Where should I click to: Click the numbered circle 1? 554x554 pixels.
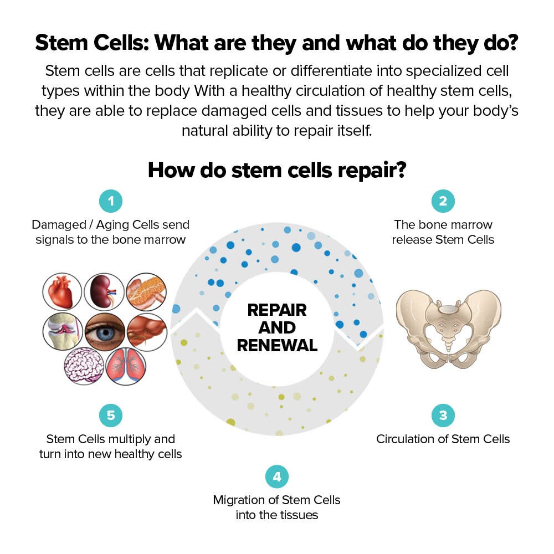tap(111, 201)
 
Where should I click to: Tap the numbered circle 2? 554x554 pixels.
tap(443, 201)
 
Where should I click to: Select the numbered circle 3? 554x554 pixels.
tap(443, 416)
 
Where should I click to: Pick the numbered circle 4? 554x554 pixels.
tap(277, 476)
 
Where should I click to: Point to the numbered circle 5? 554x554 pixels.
tap(111, 416)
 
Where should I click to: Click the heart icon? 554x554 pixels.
tap(62, 292)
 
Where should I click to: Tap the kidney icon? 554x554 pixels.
tap(104, 292)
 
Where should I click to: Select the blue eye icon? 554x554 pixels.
tap(105, 332)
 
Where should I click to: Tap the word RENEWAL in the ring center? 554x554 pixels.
tap(277, 346)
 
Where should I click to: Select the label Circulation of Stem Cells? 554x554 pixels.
tap(443, 439)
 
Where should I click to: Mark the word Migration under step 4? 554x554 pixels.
tap(239, 500)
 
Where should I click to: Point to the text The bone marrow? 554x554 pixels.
tap(443, 224)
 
